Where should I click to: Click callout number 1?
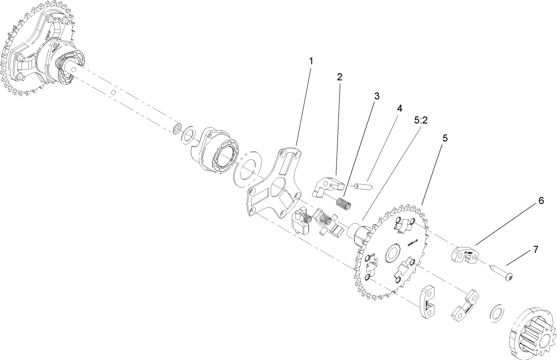(311, 60)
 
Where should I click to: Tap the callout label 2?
(339, 77)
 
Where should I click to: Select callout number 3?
(377, 96)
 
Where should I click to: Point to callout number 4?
(399, 108)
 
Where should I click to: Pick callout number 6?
(541, 200)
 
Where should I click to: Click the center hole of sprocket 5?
(392, 253)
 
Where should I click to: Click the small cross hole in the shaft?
(112, 93)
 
